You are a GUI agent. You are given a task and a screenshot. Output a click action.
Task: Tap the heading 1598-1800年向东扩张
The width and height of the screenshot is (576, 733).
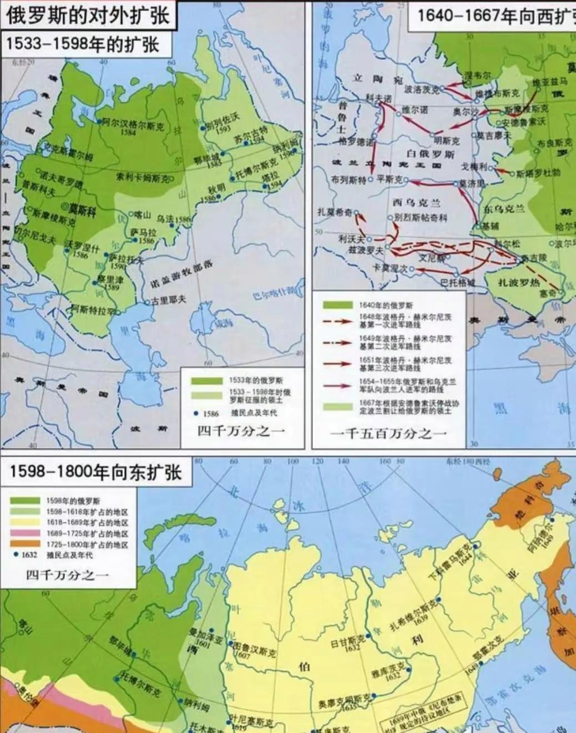click(95, 472)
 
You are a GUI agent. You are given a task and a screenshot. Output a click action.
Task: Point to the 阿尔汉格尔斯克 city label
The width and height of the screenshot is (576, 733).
click(133, 125)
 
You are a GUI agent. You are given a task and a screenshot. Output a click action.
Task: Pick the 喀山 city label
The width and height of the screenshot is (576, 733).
click(143, 214)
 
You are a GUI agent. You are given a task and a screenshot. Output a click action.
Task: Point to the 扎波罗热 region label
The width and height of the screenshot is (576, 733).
click(518, 283)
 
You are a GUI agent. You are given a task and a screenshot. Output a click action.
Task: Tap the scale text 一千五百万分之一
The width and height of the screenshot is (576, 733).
click(388, 433)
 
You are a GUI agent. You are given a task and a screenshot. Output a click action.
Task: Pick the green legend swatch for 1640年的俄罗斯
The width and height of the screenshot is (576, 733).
click(338, 305)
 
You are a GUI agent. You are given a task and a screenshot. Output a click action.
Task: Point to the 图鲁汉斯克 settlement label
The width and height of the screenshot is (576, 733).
click(252, 648)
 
